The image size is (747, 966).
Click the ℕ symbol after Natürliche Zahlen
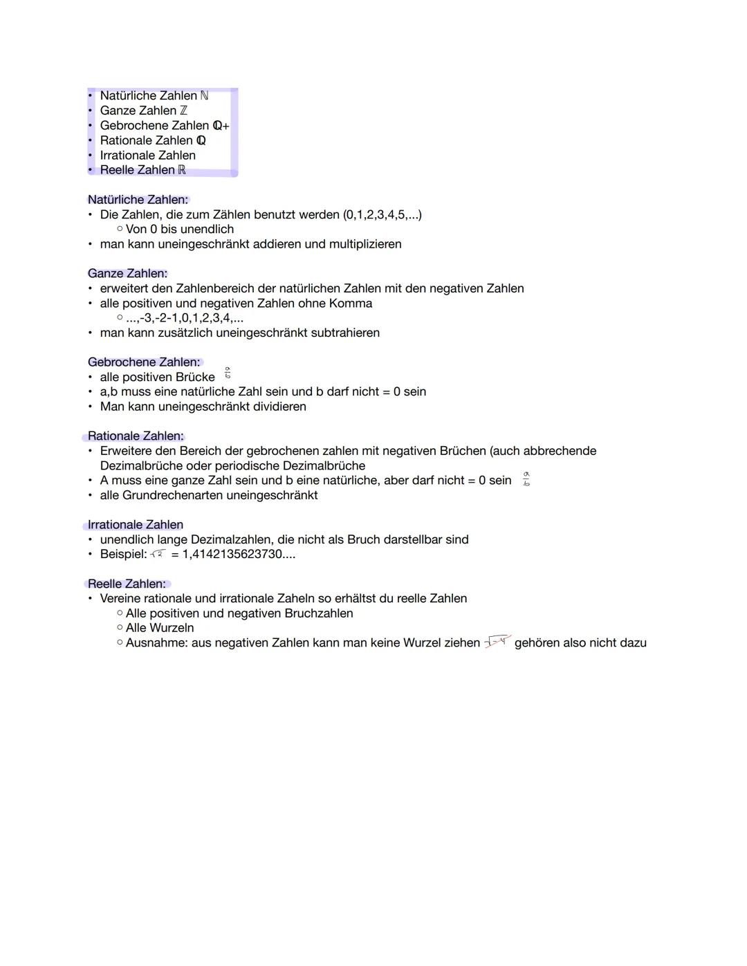point(204,95)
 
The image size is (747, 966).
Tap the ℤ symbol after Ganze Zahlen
point(183,111)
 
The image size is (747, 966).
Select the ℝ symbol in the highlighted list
point(182,170)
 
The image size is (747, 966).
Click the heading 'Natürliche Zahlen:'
point(138,200)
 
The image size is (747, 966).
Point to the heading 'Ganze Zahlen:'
point(127,273)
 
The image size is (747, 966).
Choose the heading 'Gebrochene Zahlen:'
point(144,362)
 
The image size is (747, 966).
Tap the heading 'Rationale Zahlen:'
point(136,436)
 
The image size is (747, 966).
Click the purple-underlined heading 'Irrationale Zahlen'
point(136,524)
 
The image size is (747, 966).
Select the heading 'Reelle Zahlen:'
point(127,584)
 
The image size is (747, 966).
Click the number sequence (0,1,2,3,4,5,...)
point(382,214)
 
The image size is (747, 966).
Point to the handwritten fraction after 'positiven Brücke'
point(228,373)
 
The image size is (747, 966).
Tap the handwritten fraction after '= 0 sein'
point(526,479)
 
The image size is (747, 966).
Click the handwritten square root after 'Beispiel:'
point(158,554)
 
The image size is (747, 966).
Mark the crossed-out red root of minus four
point(497,642)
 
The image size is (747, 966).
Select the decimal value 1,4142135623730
point(232,554)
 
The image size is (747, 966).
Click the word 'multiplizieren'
point(365,244)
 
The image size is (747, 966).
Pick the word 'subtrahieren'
point(345,333)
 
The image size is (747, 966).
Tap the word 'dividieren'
point(279,407)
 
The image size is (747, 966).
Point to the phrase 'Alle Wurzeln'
point(160,628)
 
